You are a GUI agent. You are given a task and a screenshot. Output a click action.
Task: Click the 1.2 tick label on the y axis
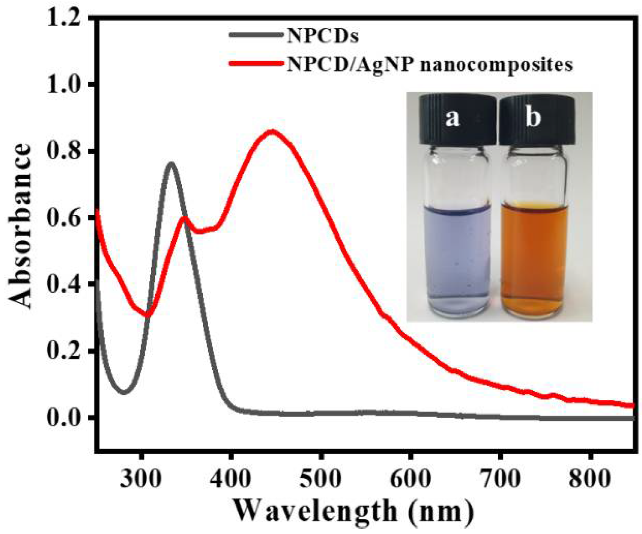[x=63, y=18]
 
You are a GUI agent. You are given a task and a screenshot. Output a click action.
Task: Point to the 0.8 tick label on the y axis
[x=63, y=151]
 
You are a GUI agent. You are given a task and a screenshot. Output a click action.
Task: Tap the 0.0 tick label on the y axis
[x=63, y=417]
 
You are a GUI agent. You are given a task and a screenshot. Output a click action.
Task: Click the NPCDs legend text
[x=323, y=36]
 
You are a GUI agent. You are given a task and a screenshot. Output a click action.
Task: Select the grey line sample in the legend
[x=257, y=35]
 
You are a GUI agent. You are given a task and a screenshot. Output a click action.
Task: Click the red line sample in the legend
[x=257, y=63]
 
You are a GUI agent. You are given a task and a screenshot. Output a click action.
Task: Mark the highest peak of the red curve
[x=272, y=132]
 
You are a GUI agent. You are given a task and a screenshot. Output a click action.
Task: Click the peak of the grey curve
[x=171, y=164]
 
